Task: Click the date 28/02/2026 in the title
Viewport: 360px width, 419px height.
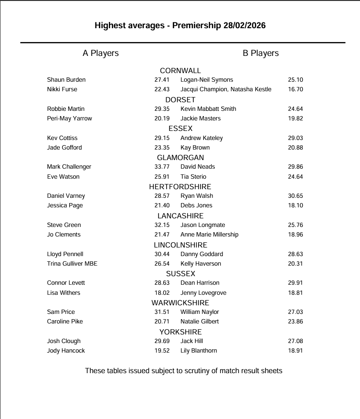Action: coord(244,25)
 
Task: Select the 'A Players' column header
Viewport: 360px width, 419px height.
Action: coord(100,53)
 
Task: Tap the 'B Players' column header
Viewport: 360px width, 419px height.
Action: coord(261,53)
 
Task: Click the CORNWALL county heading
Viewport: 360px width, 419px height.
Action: coord(180,71)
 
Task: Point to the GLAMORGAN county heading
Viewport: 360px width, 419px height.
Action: coord(180,157)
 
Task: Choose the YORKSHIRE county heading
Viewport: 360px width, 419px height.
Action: coord(180,332)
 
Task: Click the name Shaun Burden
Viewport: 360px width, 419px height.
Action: coord(66,80)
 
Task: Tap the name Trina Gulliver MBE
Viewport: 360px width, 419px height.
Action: coord(72,264)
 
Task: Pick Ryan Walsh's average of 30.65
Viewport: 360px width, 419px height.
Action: coord(296,196)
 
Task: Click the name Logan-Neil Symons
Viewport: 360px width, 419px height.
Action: coord(207,80)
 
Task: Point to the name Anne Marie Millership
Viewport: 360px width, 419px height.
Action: coord(209,235)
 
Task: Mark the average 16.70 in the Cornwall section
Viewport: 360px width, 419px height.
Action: coord(296,89)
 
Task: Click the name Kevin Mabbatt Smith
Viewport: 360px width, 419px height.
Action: coord(208,109)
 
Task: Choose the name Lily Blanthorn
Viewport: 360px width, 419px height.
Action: coord(199,351)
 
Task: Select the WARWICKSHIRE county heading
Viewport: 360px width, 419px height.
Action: coord(180,302)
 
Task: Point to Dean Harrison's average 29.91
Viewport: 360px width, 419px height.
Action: coord(296,283)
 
